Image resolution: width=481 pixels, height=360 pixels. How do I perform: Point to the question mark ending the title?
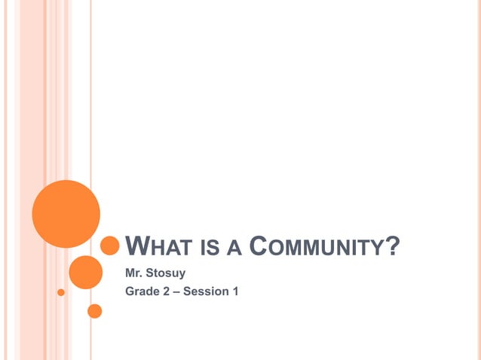(391, 246)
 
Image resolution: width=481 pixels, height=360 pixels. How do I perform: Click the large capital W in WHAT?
(135, 246)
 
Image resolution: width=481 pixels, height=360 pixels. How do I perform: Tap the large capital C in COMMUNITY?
(259, 246)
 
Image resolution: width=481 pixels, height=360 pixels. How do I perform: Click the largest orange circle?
(66, 213)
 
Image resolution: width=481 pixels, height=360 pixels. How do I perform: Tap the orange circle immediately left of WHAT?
(110, 246)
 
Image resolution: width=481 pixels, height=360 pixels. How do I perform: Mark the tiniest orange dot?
(61, 291)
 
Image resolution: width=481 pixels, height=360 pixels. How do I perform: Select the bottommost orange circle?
(95, 310)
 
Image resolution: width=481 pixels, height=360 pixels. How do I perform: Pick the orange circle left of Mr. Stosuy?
(85, 272)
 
